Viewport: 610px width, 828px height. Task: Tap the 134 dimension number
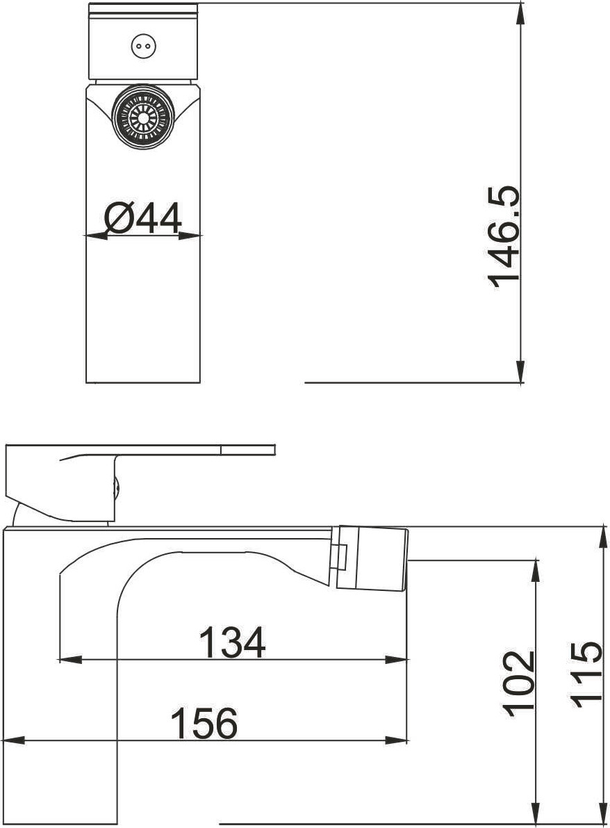pos(232,642)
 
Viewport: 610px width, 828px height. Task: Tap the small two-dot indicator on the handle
pos(140,47)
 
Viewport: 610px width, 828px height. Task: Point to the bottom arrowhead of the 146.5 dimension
pos(520,371)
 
